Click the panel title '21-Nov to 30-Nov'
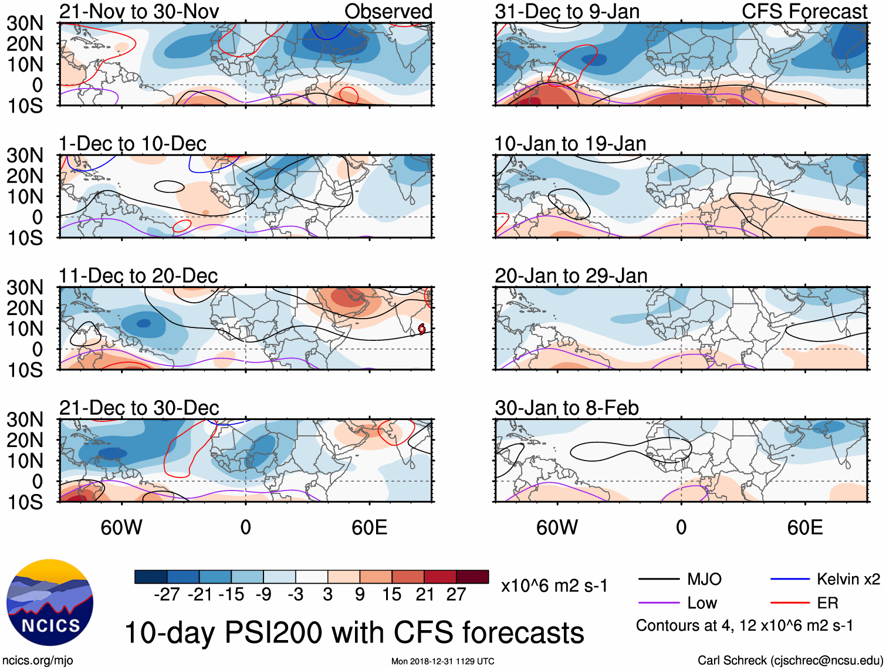click(139, 11)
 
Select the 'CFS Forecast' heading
click(804, 11)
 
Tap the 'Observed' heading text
click(388, 11)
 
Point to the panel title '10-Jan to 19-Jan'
click(570, 144)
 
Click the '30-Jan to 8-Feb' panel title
click(566, 408)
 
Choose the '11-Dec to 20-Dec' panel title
click(138, 276)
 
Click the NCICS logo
click(50, 603)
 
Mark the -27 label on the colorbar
click(167, 594)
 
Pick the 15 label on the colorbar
click(392, 594)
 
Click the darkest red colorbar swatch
click(472, 577)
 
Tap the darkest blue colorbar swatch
click(151, 577)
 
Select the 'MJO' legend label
click(704, 580)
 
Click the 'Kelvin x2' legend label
click(848, 580)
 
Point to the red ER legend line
click(789, 603)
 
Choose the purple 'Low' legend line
click(658, 603)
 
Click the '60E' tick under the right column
click(804, 527)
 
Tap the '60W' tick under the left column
click(121, 527)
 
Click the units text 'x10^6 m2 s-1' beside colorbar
click(554, 586)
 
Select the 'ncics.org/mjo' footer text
click(38, 661)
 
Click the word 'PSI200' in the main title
click(273, 633)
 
